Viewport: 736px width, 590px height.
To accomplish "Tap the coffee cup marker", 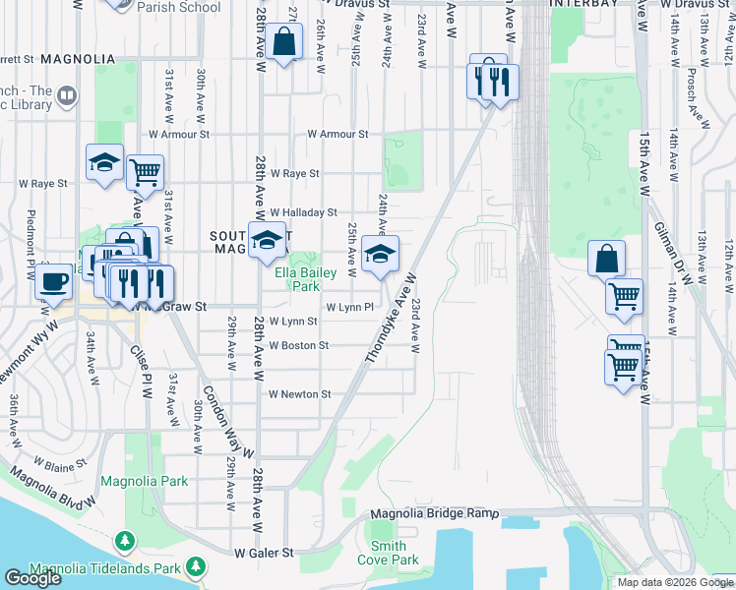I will pos(53,282).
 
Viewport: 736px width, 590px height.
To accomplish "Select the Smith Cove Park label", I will pos(389,553).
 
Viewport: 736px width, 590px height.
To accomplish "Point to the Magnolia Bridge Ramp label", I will pos(434,514).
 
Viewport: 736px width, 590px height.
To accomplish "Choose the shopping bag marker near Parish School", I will pos(283,42).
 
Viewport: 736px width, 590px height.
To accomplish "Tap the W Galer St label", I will pos(264,554).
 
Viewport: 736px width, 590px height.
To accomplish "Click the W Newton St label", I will pos(299,394).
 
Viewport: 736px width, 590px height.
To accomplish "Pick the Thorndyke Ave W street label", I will pos(391,320).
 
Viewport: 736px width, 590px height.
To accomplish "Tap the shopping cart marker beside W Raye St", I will pos(145,172).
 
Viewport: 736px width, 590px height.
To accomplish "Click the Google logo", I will pos(31,578).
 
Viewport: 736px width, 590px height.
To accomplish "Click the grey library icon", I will pos(67,96).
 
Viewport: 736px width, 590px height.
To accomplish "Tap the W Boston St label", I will pos(298,346).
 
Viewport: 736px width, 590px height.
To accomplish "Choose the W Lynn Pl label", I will pos(350,308).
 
